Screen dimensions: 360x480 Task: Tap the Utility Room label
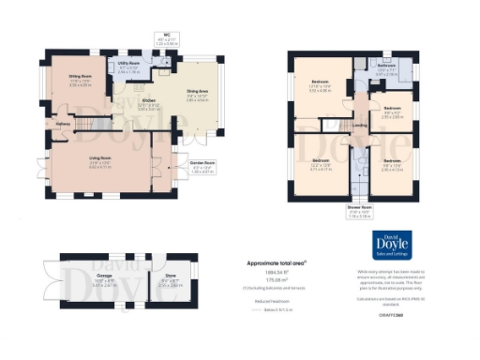pos(128,67)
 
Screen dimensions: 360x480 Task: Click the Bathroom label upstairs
pos(385,66)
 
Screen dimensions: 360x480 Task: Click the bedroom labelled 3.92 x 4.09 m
pos(320,88)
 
